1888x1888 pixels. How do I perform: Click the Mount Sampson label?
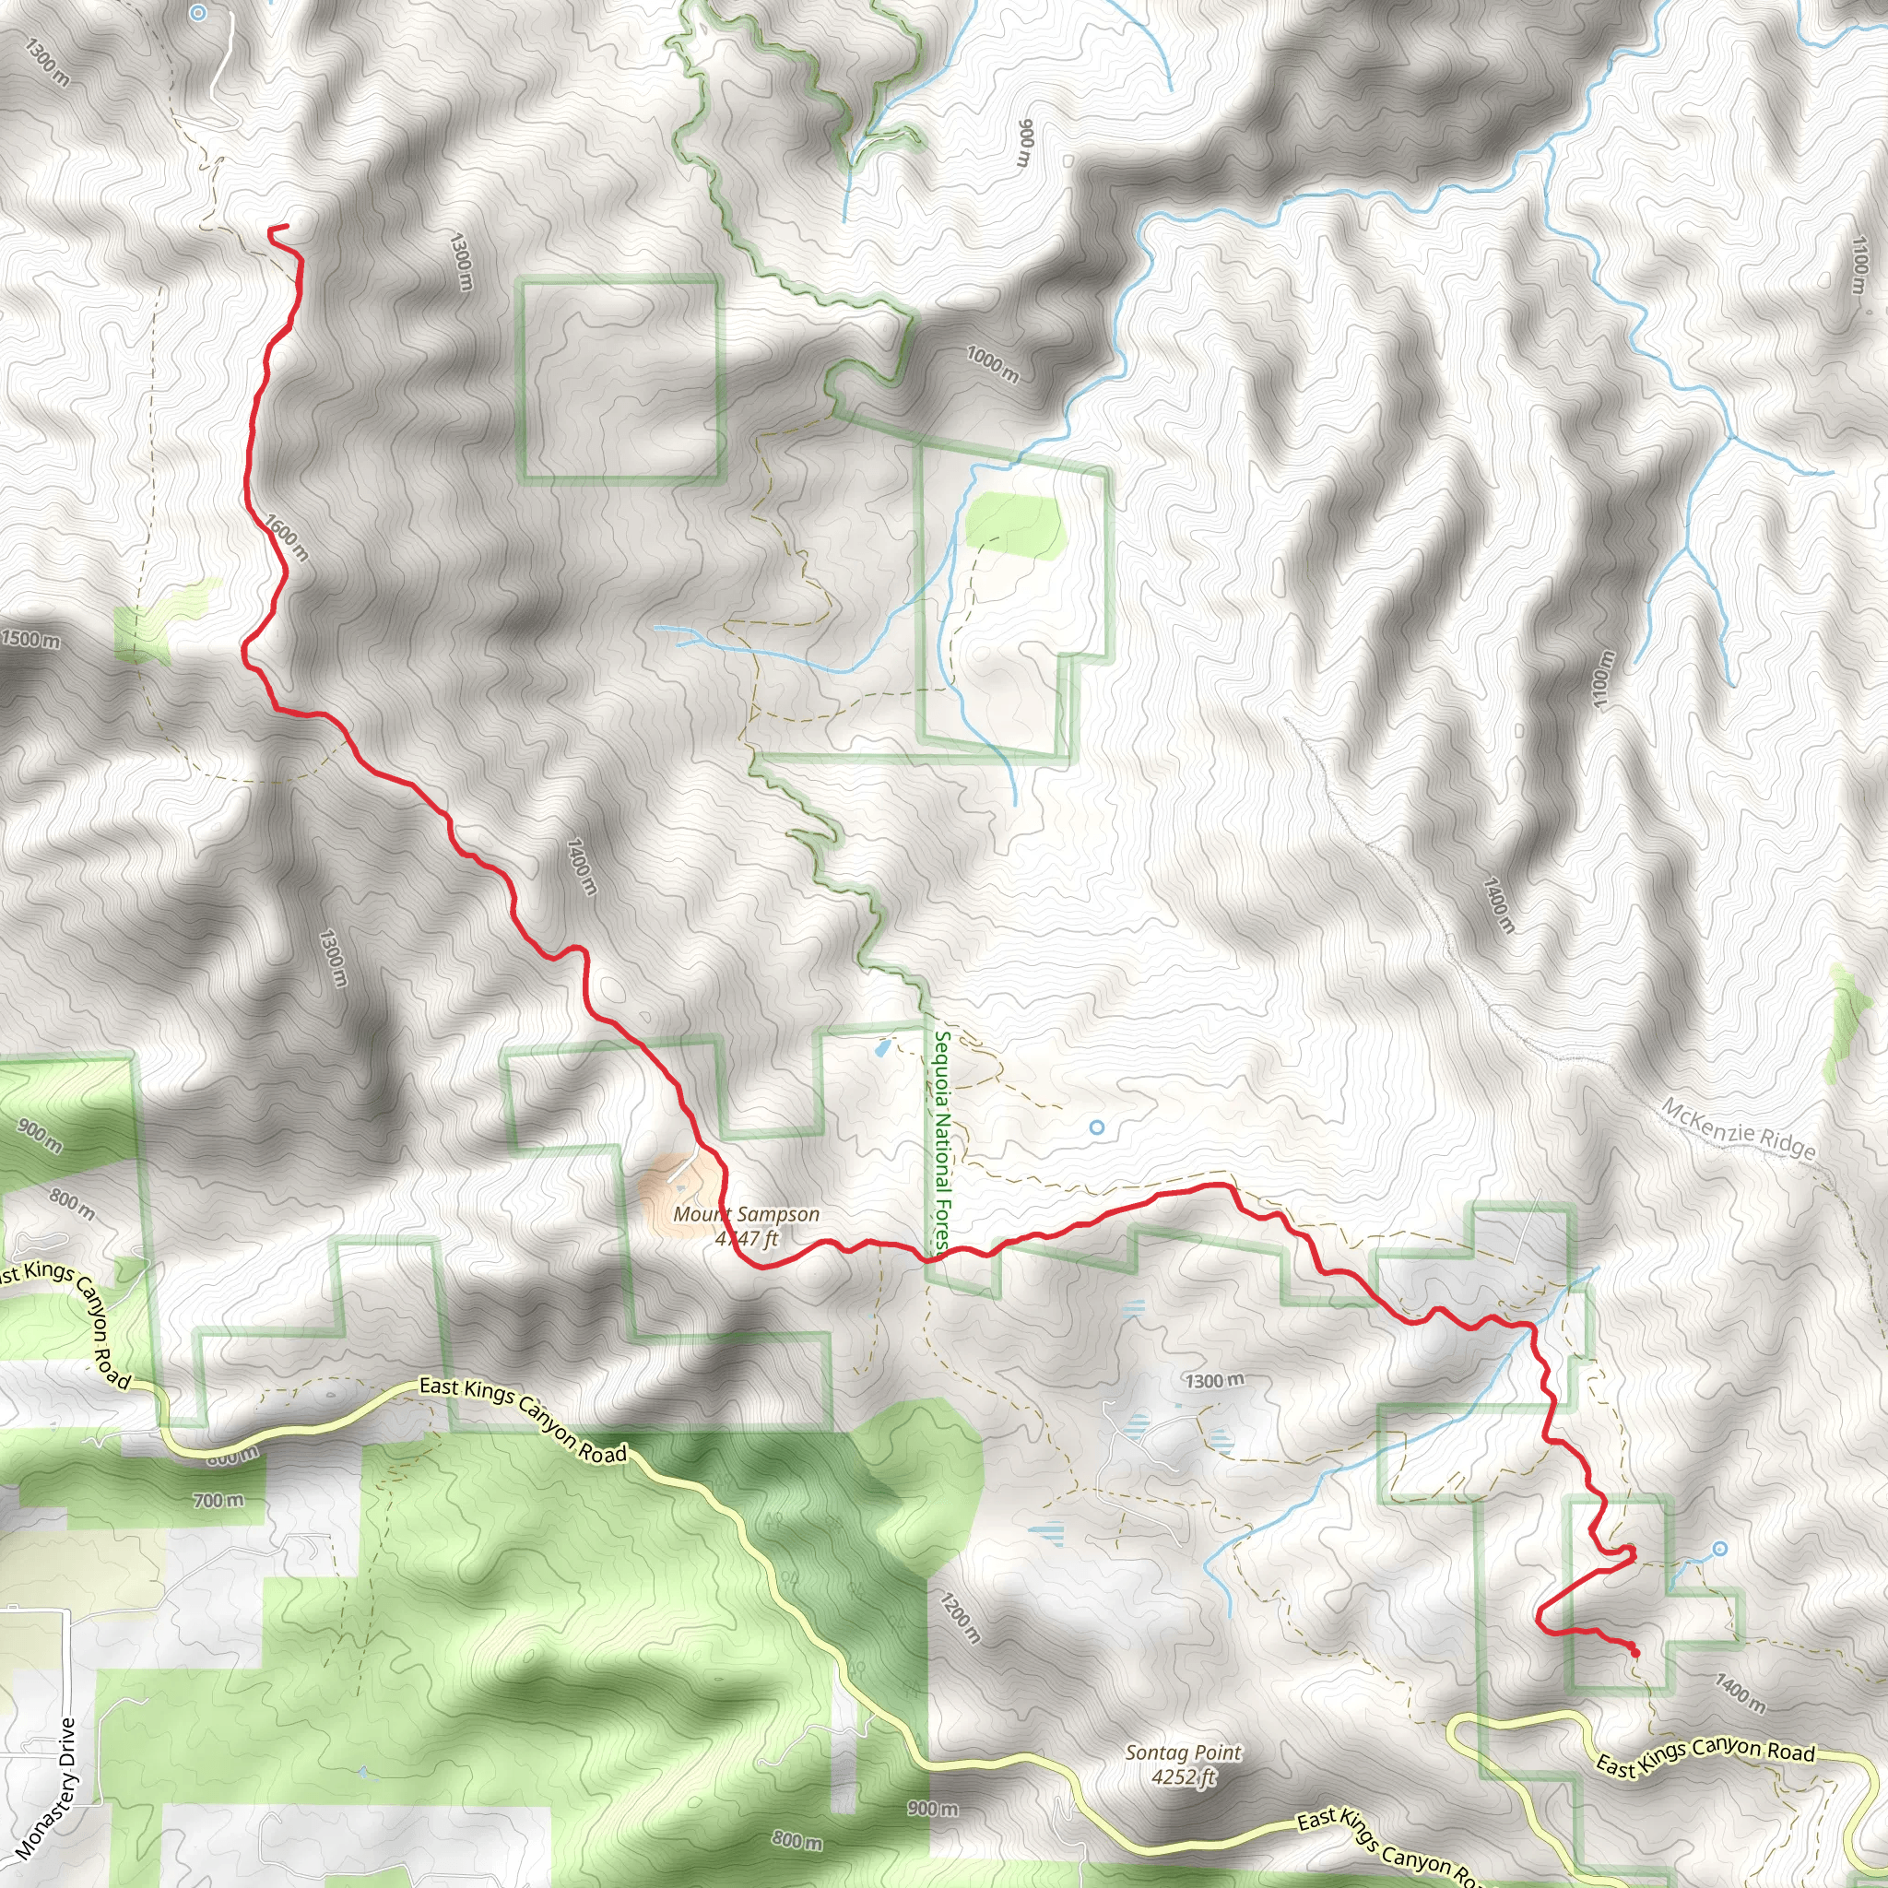746,1214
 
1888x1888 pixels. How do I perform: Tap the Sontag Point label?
1183,1752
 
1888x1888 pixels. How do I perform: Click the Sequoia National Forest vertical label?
942,1140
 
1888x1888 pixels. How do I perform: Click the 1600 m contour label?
286,537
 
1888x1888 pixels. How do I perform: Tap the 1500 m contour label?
30,639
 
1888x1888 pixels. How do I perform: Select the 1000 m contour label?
992,363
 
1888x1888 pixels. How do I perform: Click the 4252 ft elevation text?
1183,1776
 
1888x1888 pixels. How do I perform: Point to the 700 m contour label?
218,1499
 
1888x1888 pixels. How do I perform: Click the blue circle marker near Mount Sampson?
1095,1127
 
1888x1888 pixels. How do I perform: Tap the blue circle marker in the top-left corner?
198,13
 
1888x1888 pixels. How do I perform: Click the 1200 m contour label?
960,1616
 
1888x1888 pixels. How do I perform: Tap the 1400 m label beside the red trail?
581,866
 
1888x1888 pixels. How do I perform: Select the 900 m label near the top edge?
1025,143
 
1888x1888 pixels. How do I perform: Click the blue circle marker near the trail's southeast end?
1719,1549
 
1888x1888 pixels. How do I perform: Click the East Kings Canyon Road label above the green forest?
523,1420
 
